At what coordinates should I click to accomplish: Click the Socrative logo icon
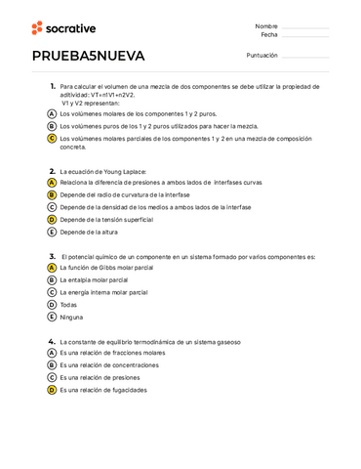pyautogui.click(x=37, y=28)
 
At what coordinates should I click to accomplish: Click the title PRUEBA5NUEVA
pyautogui.click(x=88, y=55)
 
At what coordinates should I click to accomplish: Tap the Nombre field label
pyautogui.click(x=266, y=25)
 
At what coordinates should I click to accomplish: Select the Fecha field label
pyautogui.click(x=268, y=34)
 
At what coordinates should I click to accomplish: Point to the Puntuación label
pyautogui.click(x=261, y=55)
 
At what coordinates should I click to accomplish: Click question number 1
pyautogui.click(x=52, y=86)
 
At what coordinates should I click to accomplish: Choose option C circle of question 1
pyautogui.click(x=52, y=139)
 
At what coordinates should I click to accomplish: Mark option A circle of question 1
pyautogui.click(x=52, y=113)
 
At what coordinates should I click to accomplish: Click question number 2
pyautogui.click(x=52, y=171)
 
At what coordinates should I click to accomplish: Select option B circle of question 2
pyautogui.click(x=52, y=194)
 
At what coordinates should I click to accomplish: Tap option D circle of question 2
pyautogui.click(x=52, y=220)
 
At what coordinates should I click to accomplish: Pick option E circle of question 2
pyautogui.click(x=52, y=233)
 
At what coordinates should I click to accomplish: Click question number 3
pyautogui.click(x=52, y=256)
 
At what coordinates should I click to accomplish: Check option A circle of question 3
pyautogui.click(x=52, y=267)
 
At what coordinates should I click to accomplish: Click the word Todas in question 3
pyautogui.click(x=68, y=305)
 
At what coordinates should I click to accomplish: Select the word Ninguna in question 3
pyautogui.click(x=71, y=318)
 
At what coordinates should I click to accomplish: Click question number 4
pyautogui.click(x=52, y=342)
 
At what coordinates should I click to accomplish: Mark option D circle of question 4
pyautogui.click(x=52, y=390)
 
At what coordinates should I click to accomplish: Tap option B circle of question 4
pyautogui.click(x=52, y=365)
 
